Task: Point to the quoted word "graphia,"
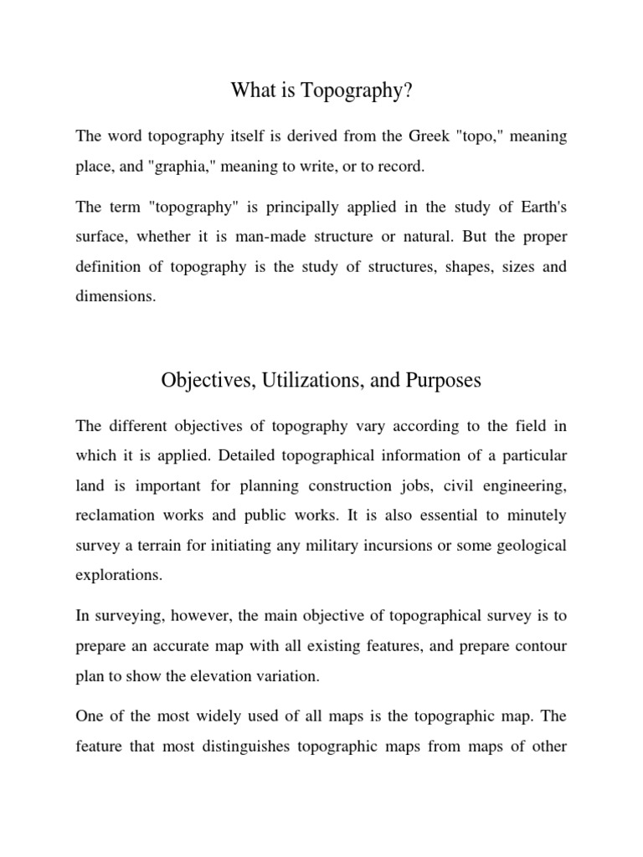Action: click(183, 167)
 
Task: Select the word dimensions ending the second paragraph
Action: click(116, 297)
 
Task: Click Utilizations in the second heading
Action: click(306, 380)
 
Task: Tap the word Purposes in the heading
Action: click(444, 380)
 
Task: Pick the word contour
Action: click(538, 646)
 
